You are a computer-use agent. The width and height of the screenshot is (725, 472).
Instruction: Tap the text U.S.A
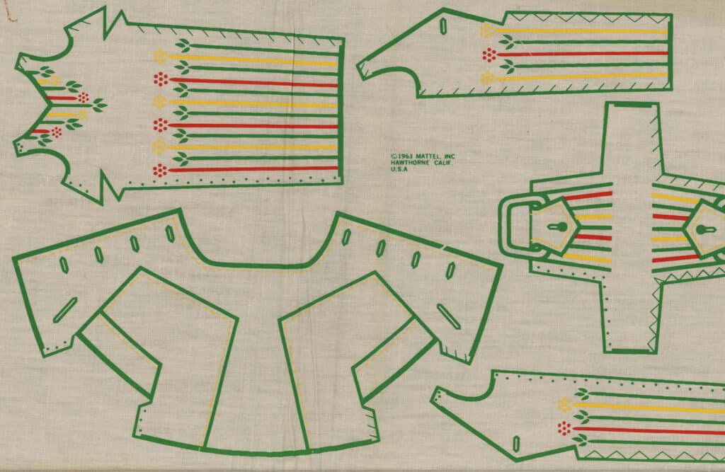pyautogui.click(x=399, y=169)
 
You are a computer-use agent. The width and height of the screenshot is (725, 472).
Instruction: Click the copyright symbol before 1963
pyautogui.click(x=392, y=156)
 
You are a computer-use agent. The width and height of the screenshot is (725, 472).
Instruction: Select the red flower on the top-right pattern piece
pyautogui.click(x=488, y=54)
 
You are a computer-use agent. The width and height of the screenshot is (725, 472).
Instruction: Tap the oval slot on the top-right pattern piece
pyautogui.click(x=443, y=26)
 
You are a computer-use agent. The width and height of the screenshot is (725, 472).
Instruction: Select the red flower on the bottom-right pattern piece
pyautogui.click(x=564, y=428)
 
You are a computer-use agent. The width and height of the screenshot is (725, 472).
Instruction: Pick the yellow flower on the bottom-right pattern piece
pyautogui.click(x=564, y=405)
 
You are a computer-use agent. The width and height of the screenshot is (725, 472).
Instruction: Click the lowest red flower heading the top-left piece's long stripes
pyautogui.click(x=161, y=169)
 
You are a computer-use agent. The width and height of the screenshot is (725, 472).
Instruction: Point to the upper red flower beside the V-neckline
pyautogui.click(x=84, y=97)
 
